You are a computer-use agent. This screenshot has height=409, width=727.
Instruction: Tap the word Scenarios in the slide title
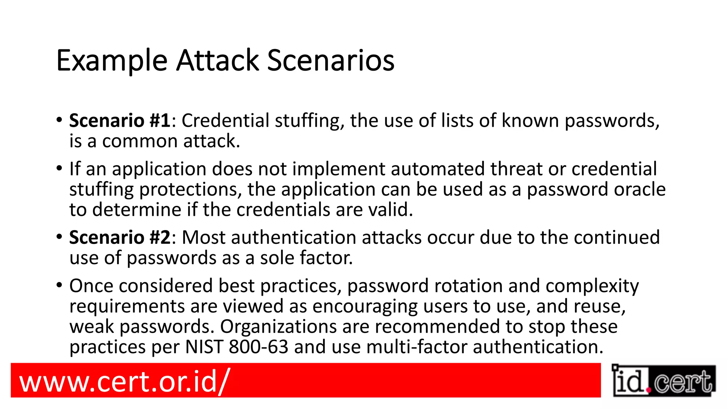(330, 60)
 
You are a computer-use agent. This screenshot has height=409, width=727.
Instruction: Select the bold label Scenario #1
(120, 121)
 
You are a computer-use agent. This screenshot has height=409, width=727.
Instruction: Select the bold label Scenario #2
(120, 238)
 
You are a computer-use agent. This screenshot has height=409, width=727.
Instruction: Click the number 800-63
(258, 347)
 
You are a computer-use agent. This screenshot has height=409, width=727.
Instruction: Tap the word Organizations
(278, 327)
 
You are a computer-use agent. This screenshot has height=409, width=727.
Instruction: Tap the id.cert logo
(663, 381)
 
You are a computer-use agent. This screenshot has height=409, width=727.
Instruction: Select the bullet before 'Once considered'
(59, 285)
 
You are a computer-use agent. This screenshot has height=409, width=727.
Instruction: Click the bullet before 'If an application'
(59, 168)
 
